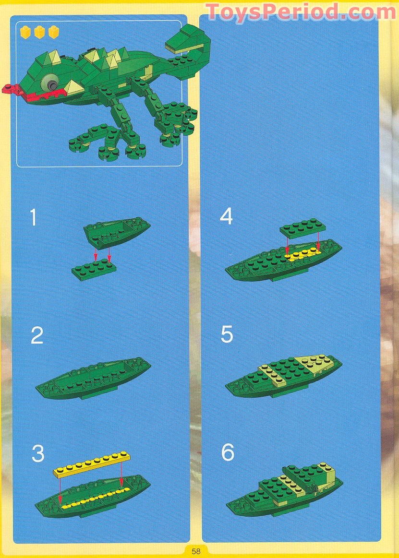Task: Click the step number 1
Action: click(x=33, y=217)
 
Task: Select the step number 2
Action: click(x=37, y=335)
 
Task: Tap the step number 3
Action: click(x=38, y=454)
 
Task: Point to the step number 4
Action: click(x=226, y=216)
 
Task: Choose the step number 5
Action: click(x=227, y=334)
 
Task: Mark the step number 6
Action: click(x=227, y=452)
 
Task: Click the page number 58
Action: click(x=196, y=551)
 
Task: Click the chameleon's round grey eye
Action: click(x=48, y=83)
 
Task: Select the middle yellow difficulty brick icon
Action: click(x=40, y=32)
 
